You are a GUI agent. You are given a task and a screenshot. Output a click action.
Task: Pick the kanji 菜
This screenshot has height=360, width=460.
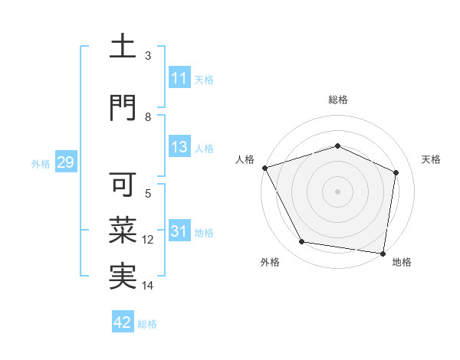click(x=123, y=230)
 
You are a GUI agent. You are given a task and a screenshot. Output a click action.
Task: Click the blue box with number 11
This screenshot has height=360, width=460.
click(x=179, y=78)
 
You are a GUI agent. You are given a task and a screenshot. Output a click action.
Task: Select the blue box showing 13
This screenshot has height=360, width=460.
click(x=179, y=147)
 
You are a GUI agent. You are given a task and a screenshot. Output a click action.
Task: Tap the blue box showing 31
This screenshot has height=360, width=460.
click(x=179, y=231)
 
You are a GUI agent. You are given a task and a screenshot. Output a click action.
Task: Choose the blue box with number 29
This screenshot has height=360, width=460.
click(x=65, y=162)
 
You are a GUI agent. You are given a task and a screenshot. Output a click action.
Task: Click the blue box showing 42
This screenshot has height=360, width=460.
click(x=123, y=322)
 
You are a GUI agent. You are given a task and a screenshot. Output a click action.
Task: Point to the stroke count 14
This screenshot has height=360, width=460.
click(x=148, y=286)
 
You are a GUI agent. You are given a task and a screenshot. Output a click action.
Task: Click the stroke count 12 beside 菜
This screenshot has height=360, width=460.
click(x=148, y=240)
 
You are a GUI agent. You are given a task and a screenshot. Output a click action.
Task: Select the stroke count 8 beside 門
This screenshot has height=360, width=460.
click(x=148, y=116)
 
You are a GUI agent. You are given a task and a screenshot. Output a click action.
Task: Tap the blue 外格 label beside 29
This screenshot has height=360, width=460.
click(x=41, y=163)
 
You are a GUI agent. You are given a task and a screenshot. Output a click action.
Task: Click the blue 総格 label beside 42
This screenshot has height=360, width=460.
click(x=147, y=324)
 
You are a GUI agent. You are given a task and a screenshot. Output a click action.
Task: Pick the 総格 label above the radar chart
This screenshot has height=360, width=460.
click(x=338, y=100)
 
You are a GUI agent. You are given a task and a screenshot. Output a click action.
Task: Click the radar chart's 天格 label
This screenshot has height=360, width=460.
click(x=432, y=159)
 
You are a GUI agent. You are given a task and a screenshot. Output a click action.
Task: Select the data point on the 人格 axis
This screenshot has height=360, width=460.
click(x=264, y=167)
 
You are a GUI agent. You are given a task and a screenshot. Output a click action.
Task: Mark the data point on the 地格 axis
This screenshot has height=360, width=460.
click(x=383, y=253)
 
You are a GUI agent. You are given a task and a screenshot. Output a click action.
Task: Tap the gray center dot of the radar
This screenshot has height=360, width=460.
click(x=338, y=191)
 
